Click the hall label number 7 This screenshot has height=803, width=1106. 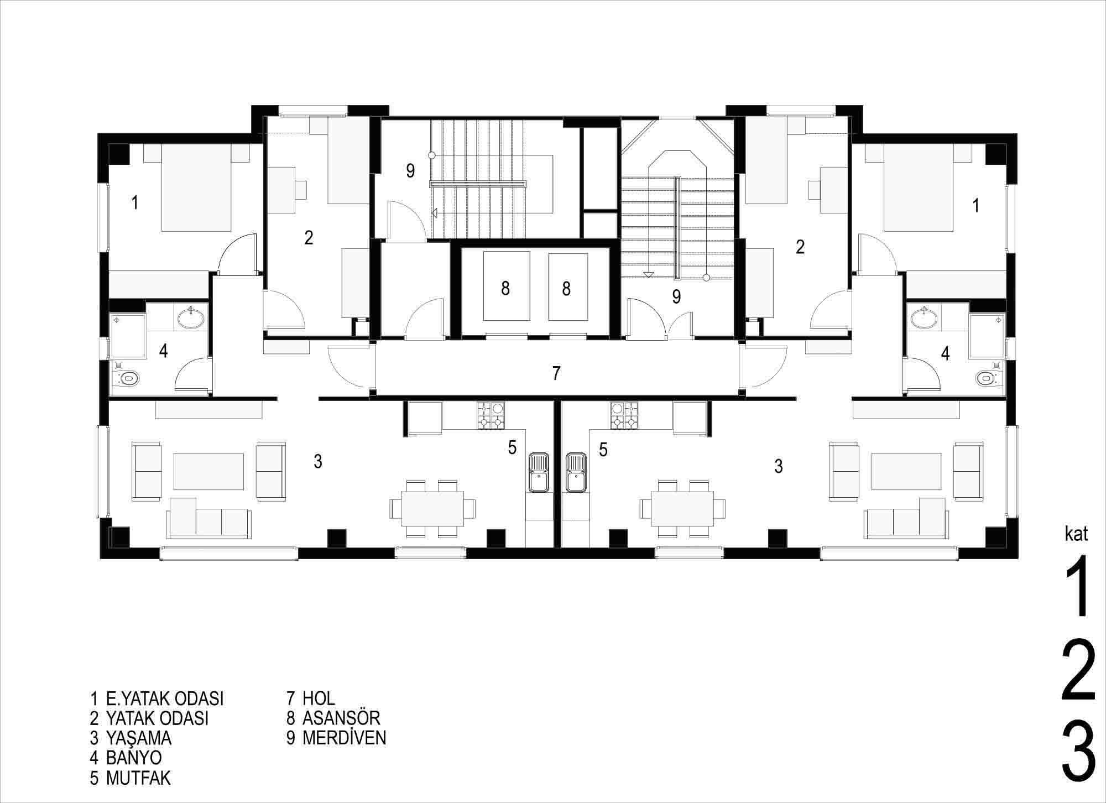pyautogui.click(x=556, y=373)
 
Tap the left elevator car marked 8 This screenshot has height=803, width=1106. pyautogui.click(x=507, y=286)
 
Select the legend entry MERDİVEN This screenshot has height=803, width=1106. pyautogui.click(x=344, y=738)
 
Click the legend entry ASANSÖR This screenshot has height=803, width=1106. pyautogui.click(x=341, y=718)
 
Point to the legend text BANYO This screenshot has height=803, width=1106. pyautogui.click(x=134, y=757)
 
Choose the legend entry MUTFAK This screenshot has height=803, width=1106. pyautogui.click(x=138, y=778)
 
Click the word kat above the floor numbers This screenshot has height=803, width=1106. pyautogui.click(x=1076, y=534)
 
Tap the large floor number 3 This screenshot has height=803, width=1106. pyautogui.click(x=1079, y=766)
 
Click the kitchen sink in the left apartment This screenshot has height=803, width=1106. pyautogui.click(x=538, y=472)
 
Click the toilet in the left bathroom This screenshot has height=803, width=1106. pyautogui.click(x=126, y=379)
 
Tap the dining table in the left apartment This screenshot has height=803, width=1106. pyautogui.click(x=432, y=507)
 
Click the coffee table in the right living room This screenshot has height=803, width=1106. pyautogui.click(x=906, y=471)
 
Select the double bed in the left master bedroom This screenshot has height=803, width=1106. pyautogui.click(x=196, y=188)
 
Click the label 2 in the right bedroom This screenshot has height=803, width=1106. pyautogui.click(x=800, y=247)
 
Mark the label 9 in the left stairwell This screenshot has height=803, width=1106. pyautogui.click(x=410, y=171)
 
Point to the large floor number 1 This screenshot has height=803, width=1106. pyautogui.click(x=1077, y=586)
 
